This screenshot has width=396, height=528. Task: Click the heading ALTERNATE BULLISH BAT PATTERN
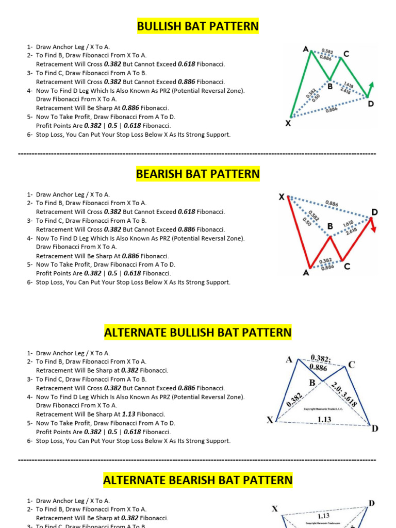tap(197, 333)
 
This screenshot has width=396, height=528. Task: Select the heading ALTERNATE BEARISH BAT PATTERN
tap(197, 480)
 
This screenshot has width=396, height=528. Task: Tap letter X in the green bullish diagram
tap(288, 124)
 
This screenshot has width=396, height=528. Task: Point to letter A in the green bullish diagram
tap(305, 49)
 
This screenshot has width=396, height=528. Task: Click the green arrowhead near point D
tap(371, 85)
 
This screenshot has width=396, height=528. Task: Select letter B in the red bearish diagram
tap(330, 226)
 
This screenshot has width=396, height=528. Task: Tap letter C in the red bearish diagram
tap(346, 266)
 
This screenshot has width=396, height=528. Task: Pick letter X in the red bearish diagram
tap(282, 197)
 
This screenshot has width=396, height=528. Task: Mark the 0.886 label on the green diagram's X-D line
tap(332, 109)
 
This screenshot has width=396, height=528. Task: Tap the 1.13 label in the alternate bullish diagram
tap(324, 420)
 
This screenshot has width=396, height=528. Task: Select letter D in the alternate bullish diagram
tap(374, 428)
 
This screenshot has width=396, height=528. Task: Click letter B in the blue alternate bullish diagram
tap(312, 383)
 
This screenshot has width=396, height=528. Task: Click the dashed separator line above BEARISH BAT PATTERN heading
tap(197, 154)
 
